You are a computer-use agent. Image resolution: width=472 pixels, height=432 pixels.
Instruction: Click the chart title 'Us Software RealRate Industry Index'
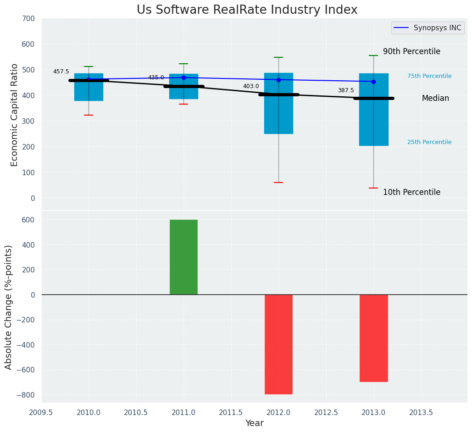[x=247, y=10]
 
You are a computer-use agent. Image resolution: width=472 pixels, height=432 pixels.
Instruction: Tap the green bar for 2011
[x=183, y=257]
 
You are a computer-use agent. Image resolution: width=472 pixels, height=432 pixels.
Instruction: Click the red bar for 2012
[x=278, y=344]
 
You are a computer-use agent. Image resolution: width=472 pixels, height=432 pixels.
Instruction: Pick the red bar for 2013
[x=373, y=338]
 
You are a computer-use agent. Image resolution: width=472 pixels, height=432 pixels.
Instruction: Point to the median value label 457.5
[x=61, y=72]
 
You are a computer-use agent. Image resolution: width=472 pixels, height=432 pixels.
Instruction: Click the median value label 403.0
[x=251, y=86]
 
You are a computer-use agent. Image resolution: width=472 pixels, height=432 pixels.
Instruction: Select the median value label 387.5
[x=346, y=91]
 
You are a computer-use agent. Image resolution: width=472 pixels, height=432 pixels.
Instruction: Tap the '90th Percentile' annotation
[x=411, y=52]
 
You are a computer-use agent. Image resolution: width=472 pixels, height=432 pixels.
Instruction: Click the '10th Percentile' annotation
[x=411, y=193]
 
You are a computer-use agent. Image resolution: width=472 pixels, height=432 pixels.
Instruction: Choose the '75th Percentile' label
[x=429, y=76]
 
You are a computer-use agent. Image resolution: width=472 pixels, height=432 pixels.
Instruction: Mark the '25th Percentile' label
[x=429, y=142]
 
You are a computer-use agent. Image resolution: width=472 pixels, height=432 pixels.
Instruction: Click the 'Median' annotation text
[x=435, y=99]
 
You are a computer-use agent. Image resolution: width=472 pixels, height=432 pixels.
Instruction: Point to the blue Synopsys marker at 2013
[x=373, y=82]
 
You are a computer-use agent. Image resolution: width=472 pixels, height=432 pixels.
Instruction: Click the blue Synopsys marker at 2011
[x=183, y=78]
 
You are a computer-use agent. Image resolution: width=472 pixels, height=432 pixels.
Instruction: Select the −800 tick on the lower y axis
[x=25, y=395]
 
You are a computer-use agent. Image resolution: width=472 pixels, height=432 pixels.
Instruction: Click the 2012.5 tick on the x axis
[x=326, y=412]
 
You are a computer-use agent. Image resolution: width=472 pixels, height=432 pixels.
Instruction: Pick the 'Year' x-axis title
[x=254, y=423]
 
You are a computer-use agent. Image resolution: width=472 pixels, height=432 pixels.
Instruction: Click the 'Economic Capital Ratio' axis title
[x=14, y=115]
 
